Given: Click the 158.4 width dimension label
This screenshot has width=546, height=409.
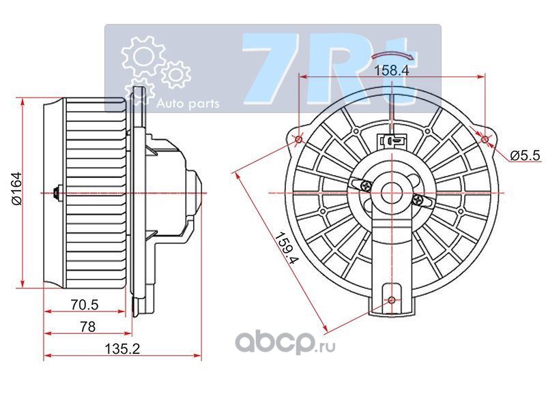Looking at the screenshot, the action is tap(390, 70).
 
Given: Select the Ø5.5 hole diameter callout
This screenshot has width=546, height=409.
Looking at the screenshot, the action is tap(526, 155).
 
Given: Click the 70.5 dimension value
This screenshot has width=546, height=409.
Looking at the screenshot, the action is tap(85, 305).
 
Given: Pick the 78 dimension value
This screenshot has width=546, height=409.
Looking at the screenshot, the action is tap(87, 327).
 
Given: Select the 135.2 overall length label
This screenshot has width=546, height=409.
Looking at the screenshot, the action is tap(123, 348).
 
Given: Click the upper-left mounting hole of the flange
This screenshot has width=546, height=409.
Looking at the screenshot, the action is tap(299, 140).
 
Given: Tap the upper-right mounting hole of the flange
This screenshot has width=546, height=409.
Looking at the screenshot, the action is tap(485, 140).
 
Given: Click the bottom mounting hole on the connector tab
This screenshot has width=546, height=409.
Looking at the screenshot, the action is tap(392, 300).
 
